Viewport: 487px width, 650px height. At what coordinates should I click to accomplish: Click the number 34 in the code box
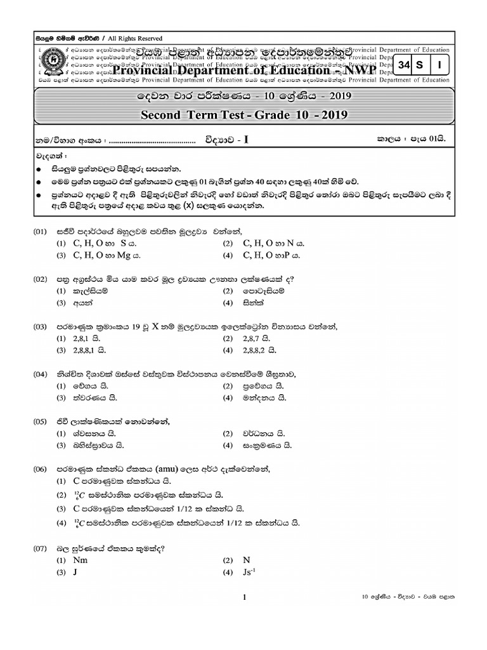405,64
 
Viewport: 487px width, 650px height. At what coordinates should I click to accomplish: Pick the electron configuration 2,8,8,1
89,350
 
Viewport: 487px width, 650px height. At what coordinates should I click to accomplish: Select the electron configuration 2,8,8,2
261,350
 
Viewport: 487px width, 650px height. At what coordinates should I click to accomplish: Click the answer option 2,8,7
257,338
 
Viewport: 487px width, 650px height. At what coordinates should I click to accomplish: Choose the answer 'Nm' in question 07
81,560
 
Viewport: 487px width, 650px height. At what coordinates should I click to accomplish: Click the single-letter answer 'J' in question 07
75,573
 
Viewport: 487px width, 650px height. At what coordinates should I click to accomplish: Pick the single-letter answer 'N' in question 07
247,560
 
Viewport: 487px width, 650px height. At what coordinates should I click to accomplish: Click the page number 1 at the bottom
244,597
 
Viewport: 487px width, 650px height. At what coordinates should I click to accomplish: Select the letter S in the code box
420,64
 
